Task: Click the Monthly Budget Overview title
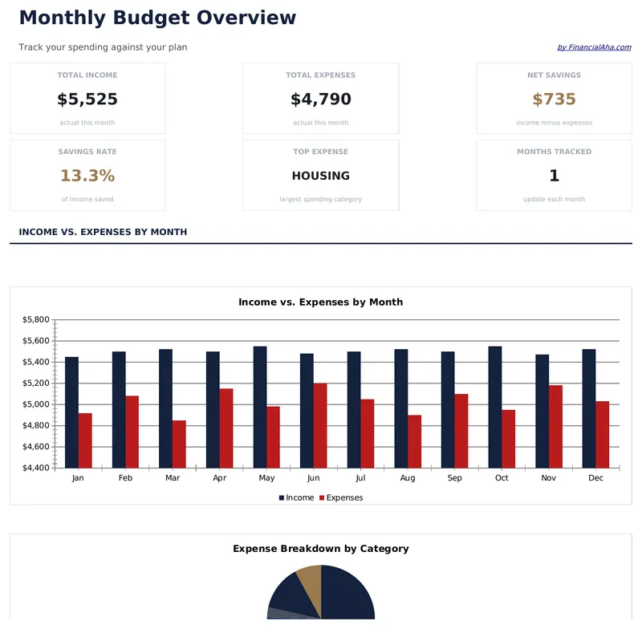[x=157, y=18]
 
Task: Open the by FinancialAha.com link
[x=594, y=47]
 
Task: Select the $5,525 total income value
[x=87, y=99]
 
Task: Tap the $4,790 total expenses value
[x=321, y=99]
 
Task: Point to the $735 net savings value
[x=555, y=99]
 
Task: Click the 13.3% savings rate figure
[x=87, y=176]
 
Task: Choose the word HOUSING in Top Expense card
[x=321, y=176]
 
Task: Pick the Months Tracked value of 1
[x=555, y=176]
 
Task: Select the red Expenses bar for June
[x=320, y=425]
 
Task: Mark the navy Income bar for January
[x=71, y=412]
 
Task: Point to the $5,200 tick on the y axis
[x=36, y=383]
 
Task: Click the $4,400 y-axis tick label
[x=36, y=468]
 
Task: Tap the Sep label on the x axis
[x=455, y=478]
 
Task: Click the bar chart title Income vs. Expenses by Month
[x=321, y=302]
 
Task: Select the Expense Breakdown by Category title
[x=321, y=549]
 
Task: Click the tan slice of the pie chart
[x=311, y=579]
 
